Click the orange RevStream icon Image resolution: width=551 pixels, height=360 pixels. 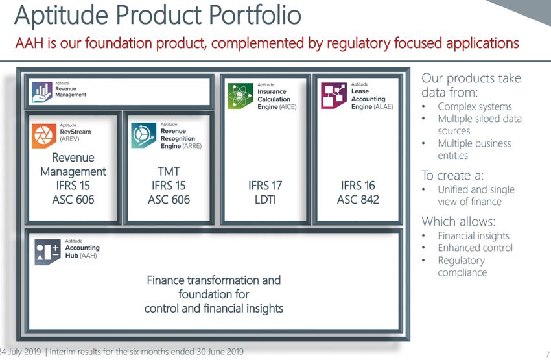pos(44,136)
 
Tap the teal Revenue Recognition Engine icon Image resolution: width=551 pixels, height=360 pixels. pos(143,136)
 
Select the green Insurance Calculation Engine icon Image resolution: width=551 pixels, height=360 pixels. pos(240,96)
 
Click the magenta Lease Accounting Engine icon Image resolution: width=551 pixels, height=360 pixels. pos(334,95)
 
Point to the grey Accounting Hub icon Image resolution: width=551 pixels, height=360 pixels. pos(47,252)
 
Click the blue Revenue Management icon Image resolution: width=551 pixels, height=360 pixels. pos(42,92)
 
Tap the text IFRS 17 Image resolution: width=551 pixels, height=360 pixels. pos(265,186)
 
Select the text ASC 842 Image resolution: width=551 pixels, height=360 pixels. pos(358,200)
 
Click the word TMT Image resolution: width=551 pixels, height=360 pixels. pos(169,171)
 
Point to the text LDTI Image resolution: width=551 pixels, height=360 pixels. pos(265,200)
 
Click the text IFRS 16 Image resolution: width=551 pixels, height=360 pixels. pos(358,186)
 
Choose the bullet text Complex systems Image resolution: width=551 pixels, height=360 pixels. pos(475,106)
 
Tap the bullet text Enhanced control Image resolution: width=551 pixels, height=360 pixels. pos(475,248)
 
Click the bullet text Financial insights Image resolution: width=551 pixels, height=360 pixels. pos(474,235)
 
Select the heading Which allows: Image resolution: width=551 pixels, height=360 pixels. pos(458,221)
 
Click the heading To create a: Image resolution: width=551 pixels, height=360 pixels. pos(452,175)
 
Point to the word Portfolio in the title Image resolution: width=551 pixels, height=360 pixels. pos(255,15)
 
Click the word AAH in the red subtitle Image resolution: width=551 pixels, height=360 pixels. pos(29,43)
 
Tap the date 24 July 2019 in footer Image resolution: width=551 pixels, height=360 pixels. pos(20,352)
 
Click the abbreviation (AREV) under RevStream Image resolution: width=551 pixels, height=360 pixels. pos(69,139)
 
